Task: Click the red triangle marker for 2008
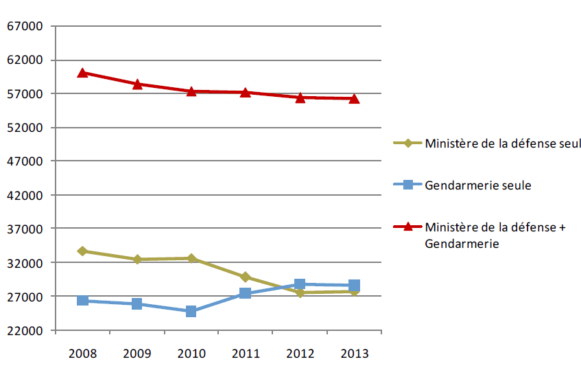pos(82,72)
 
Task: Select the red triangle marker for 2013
pos(354,99)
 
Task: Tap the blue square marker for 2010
pos(191,311)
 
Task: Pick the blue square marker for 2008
pos(82,300)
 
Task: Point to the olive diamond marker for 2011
pos(245,277)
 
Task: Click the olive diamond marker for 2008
pos(82,251)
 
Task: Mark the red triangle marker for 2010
pos(191,91)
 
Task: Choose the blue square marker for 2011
pos(245,293)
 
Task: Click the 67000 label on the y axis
pos(24,27)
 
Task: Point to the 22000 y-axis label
pos(24,331)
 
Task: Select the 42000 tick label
pos(24,196)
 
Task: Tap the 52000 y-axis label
pos(24,128)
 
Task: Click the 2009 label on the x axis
pos(137,354)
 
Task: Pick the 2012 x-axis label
pos(300,354)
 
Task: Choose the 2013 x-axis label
pos(354,354)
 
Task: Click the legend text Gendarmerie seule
pos(478,185)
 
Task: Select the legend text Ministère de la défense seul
pos(503,143)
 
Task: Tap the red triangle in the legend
pos(407,227)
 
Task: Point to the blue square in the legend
pos(407,185)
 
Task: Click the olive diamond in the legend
pos(407,143)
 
